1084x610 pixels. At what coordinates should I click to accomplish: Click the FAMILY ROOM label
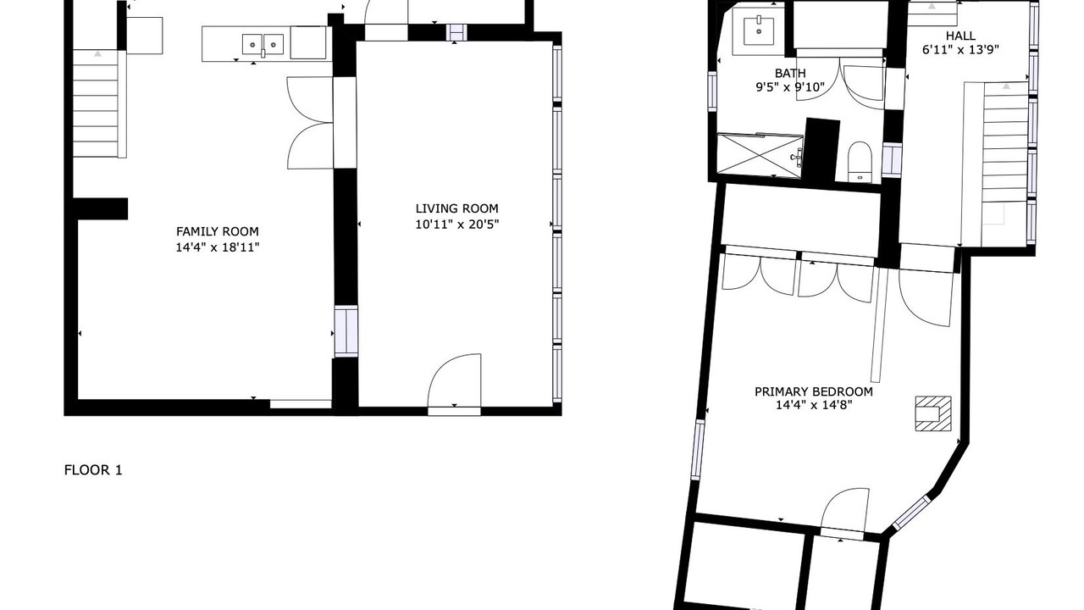(x=218, y=231)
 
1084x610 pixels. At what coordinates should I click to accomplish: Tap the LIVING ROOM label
(x=456, y=208)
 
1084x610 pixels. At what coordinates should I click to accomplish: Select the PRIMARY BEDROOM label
(x=814, y=391)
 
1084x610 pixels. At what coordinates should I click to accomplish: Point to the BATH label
(x=790, y=73)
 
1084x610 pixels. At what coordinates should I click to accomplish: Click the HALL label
(x=960, y=36)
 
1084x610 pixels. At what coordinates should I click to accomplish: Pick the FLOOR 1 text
(x=93, y=470)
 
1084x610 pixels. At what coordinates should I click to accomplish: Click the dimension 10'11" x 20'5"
(x=456, y=225)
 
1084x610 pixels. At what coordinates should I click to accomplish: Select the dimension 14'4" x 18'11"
(x=218, y=247)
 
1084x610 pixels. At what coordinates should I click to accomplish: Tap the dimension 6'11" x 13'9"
(x=960, y=50)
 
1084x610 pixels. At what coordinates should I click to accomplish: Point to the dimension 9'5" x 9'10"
(x=790, y=87)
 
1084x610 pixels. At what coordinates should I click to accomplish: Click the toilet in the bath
(x=860, y=162)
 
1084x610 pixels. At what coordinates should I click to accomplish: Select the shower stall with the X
(x=760, y=156)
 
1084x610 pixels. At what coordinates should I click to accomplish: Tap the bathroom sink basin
(x=758, y=30)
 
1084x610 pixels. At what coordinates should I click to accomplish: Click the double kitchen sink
(x=263, y=45)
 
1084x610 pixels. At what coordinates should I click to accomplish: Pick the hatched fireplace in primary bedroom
(x=933, y=413)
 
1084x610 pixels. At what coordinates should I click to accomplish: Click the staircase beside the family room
(x=99, y=103)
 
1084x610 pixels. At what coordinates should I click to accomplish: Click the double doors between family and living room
(x=310, y=123)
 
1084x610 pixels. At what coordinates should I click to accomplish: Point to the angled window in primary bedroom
(x=911, y=513)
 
